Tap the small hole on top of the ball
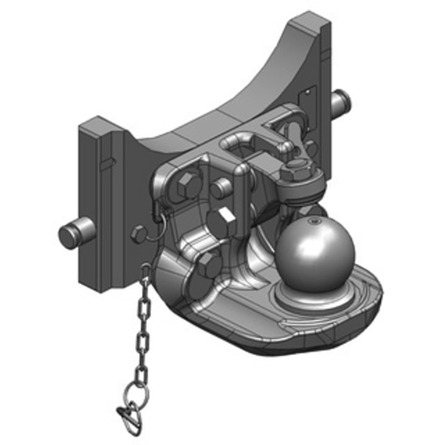point(314,221)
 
